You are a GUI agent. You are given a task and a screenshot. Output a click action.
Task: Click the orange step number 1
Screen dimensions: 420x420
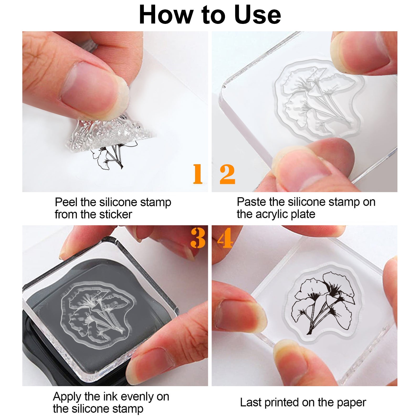198,174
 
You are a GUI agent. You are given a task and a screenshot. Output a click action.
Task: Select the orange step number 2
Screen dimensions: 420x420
227,174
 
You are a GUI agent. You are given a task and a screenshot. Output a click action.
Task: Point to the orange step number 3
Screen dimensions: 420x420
198,238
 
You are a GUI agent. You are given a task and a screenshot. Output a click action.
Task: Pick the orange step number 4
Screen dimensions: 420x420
225,238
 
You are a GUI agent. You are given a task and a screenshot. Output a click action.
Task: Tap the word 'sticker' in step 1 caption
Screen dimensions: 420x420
115,214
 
